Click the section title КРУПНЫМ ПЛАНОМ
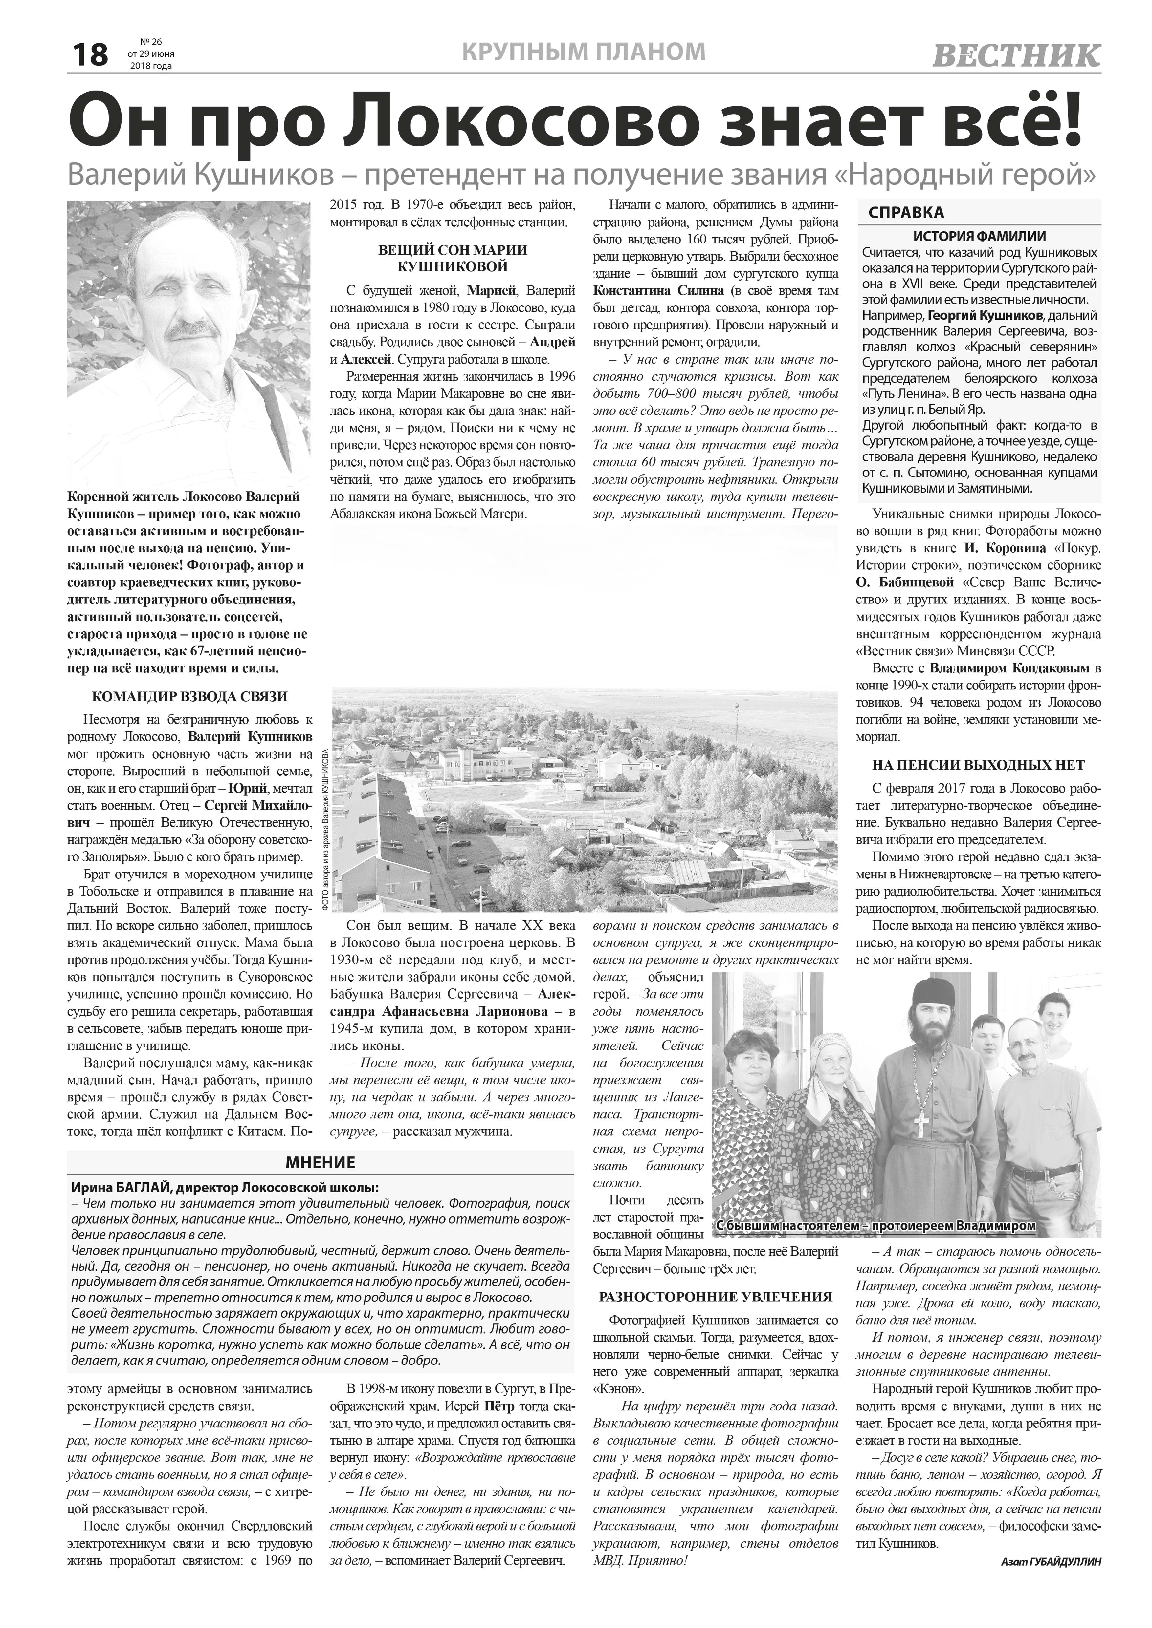[x=583, y=51]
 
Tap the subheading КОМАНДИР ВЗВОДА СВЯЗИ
[x=190, y=696]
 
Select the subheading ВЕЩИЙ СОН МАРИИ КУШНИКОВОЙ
[x=452, y=258]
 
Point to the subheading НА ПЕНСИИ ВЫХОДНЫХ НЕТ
[x=979, y=765]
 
